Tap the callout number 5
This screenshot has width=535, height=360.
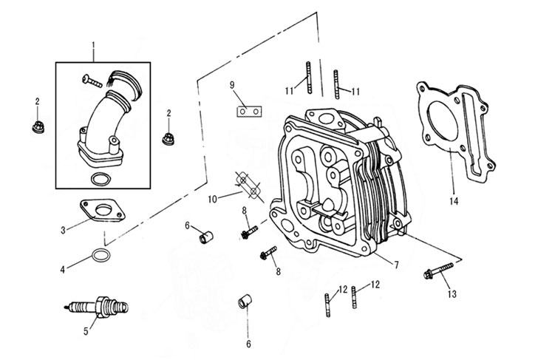[x=86, y=331]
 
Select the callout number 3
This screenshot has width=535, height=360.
[x=64, y=230]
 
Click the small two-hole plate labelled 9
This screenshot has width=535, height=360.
[x=249, y=111]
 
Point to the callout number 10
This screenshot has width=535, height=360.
[x=212, y=199]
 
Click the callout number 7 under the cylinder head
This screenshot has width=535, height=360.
[x=397, y=265]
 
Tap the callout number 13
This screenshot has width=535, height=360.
[x=452, y=294]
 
